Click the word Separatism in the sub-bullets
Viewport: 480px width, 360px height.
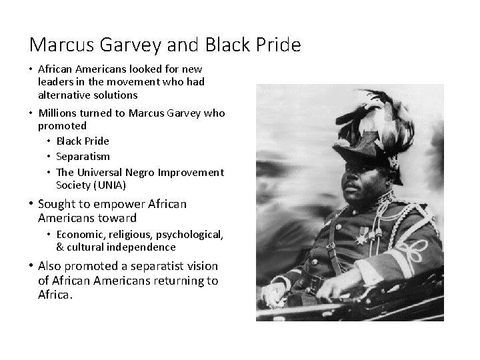[x=83, y=157]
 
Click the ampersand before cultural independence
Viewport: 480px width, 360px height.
[x=60, y=247]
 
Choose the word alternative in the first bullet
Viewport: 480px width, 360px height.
[x=62, y=95]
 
